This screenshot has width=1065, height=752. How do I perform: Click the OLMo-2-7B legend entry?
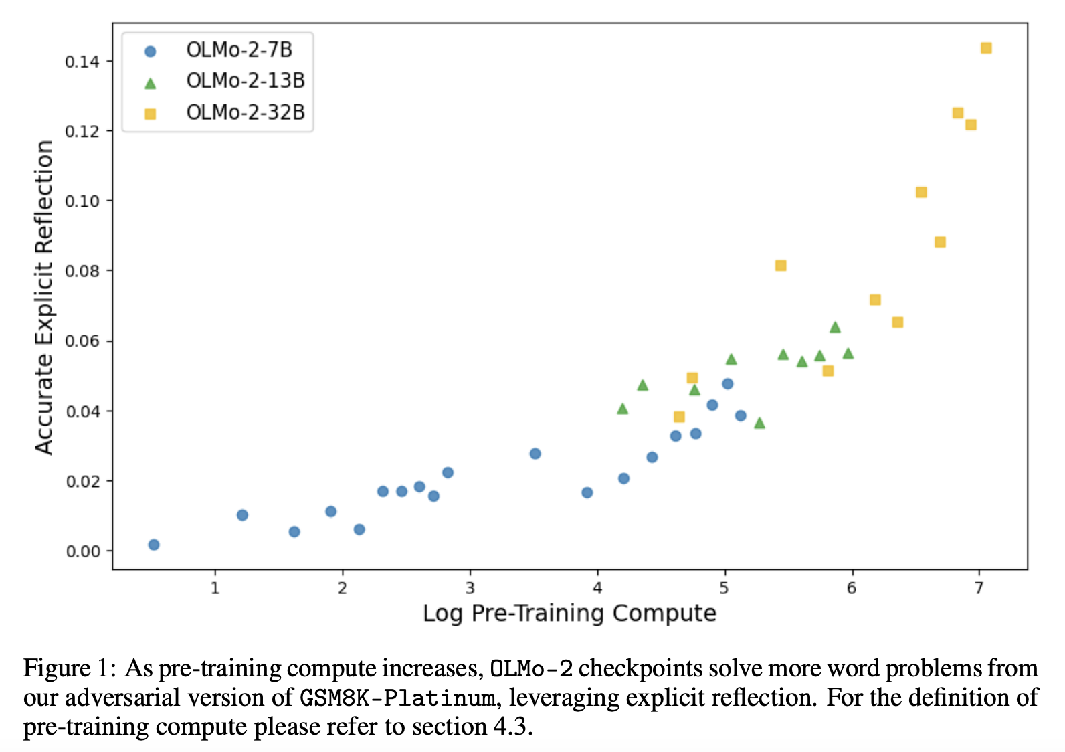point(239,50)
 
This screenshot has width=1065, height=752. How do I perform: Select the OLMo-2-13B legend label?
point(246,81)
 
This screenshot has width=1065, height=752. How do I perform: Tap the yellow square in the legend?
point(151,114)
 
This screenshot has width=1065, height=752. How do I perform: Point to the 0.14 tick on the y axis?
point(82,62)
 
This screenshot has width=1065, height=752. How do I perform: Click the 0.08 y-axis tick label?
point(82,272)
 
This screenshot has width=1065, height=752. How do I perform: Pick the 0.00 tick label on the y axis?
point(82,552)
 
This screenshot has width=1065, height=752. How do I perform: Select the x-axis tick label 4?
point(597,588)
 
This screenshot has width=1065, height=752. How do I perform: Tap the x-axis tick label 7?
point(979,588)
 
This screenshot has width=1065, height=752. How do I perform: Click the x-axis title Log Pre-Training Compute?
point(569,613)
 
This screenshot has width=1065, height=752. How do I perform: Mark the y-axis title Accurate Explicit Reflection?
point(44,297)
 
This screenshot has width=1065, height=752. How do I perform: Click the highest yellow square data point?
point(986,48)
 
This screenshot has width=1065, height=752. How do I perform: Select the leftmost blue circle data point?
point(154,545)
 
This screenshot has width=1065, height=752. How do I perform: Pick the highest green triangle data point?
point(835,327)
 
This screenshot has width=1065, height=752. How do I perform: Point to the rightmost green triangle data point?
point(848,353)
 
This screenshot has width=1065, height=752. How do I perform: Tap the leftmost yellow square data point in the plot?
point(679,417)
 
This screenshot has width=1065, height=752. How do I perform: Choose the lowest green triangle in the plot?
point(759,423)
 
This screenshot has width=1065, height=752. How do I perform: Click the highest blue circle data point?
point(728,384)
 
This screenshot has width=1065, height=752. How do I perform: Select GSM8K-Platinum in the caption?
point(397,698)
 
